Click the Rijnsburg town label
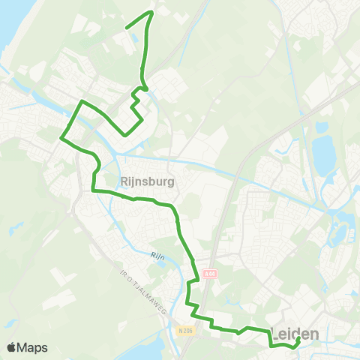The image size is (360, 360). tap(147, 181)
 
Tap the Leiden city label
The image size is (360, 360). tap(294, 333)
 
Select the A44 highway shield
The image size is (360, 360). tap(209, 273)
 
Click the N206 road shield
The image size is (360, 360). tap(186, 328)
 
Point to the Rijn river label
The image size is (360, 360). tap(157, 255)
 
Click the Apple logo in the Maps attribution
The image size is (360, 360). tap(11, 347)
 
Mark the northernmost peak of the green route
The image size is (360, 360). tap(151, 12)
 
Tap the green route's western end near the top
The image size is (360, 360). tap(125, 28)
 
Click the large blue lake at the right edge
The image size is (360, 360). tap(325, 154)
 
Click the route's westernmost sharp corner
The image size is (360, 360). tap(61, 137)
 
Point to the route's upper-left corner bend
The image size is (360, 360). tap(82, 100)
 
